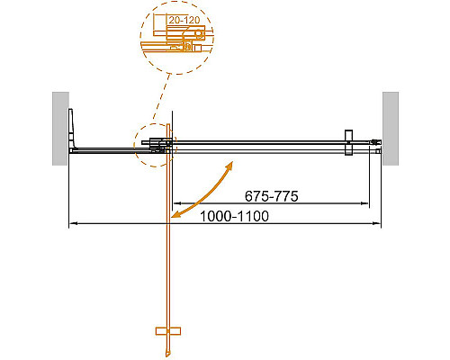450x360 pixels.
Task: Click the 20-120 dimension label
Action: [x=184, y=18]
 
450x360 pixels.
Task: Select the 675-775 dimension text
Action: [x=271, y=195]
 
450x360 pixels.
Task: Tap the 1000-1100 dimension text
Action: [x=233, y=216]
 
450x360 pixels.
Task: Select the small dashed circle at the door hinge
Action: [x=155, y=144]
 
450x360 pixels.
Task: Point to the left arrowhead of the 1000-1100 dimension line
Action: [x=72, y=223]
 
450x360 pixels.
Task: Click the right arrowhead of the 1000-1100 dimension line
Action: [x=379, y=223]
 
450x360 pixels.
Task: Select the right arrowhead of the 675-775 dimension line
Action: [x=367, y=202]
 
